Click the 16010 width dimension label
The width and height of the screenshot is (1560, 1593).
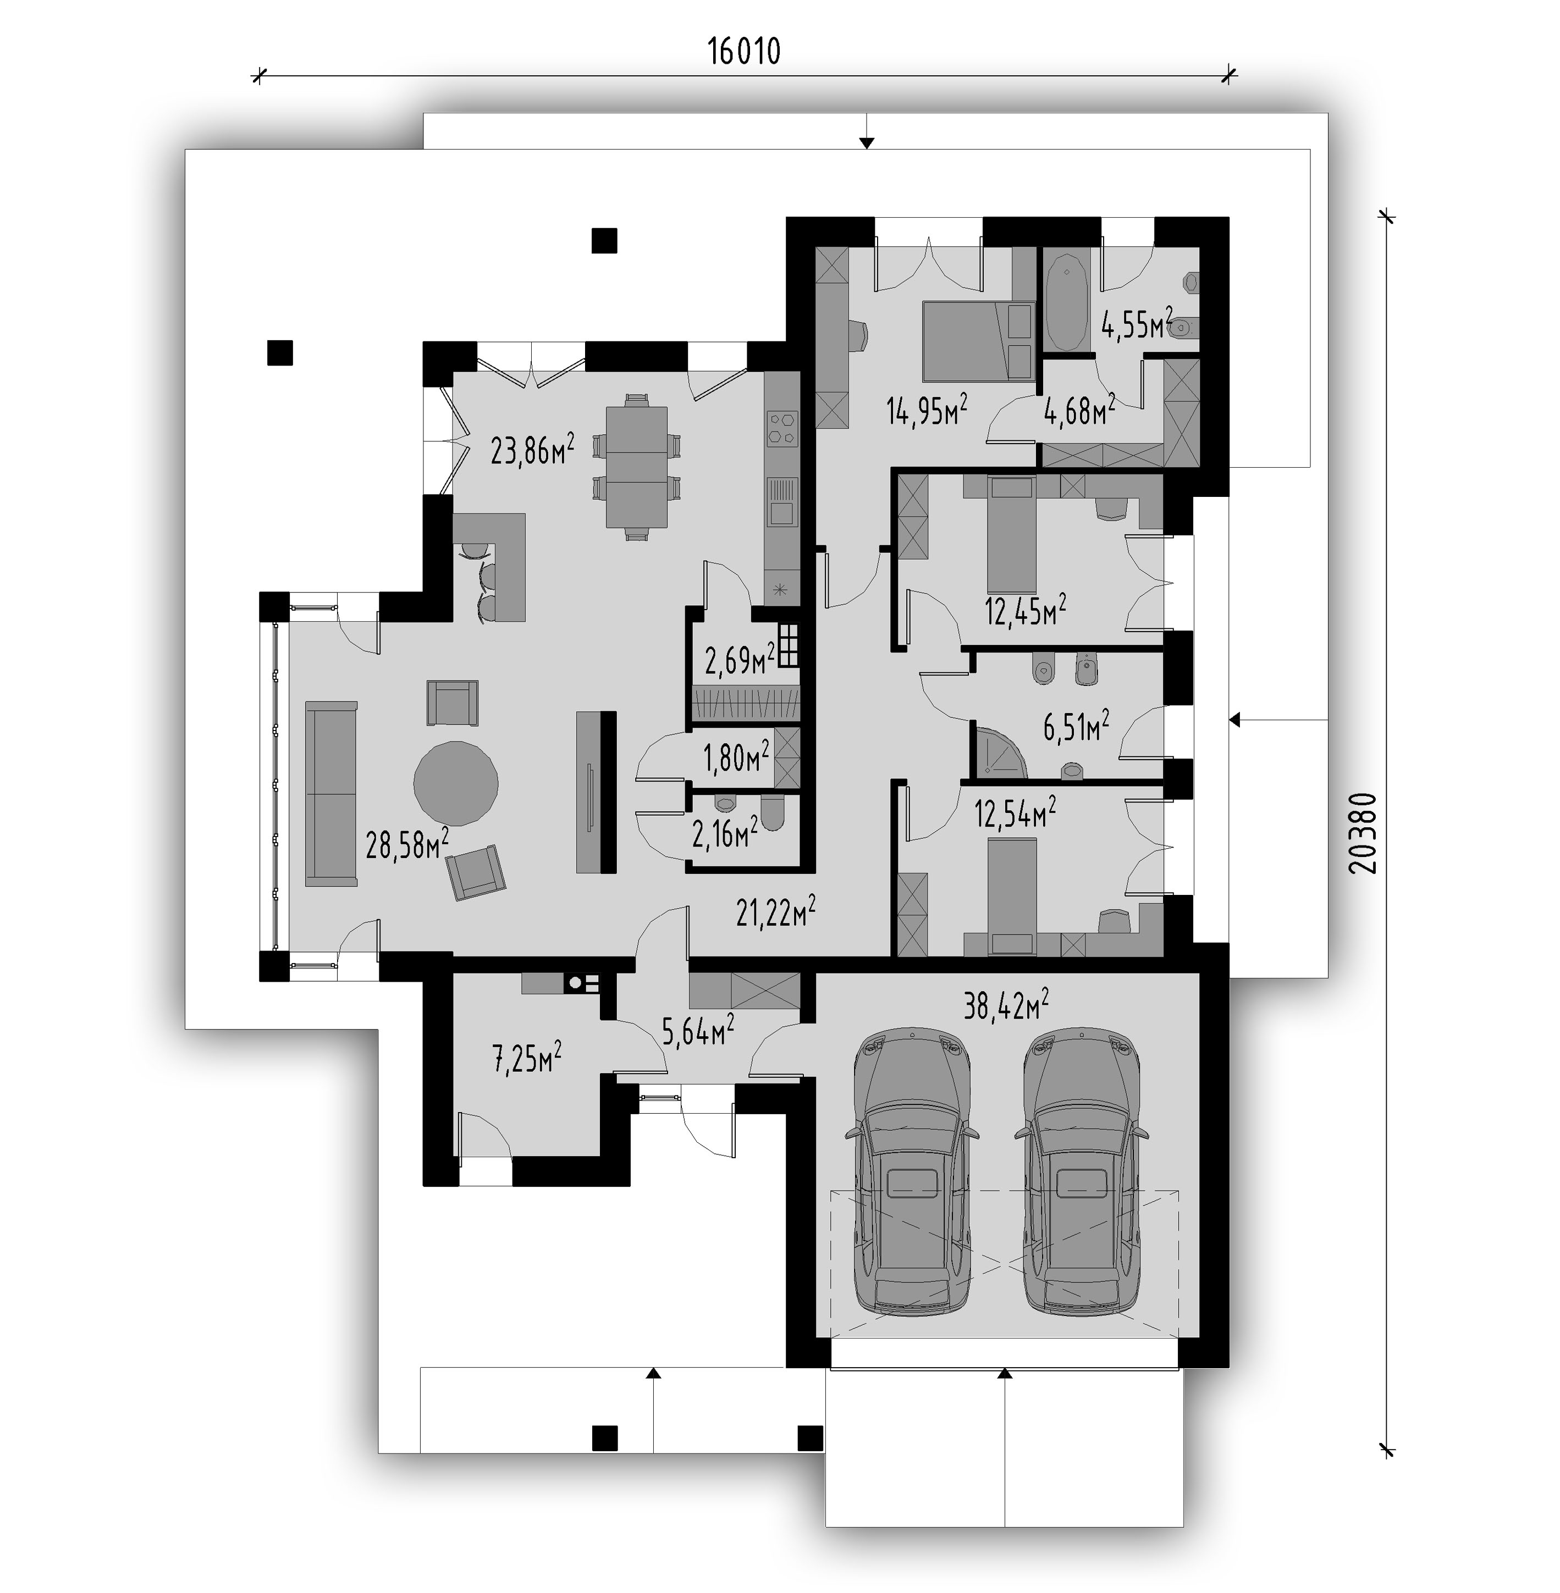tap(744, 52)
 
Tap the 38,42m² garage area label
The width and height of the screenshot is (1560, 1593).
tap(1006, 1004)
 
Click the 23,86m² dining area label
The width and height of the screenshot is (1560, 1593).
tap(533, 449)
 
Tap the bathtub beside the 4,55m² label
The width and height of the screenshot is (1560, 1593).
tap(1067, 302)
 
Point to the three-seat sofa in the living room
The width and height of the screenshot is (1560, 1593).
tap(331, 793)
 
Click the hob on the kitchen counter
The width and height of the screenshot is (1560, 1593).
tap(782, 428)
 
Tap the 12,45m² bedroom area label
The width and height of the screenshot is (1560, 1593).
tap(1025, 610)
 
